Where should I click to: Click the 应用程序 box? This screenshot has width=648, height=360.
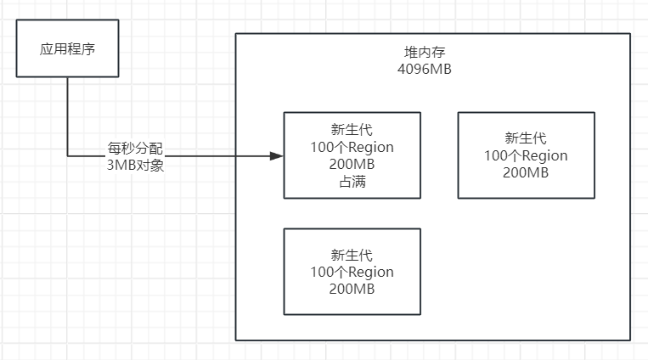click(x=68, y=49)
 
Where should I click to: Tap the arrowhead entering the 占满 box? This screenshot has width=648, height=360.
click(x=276, y=156)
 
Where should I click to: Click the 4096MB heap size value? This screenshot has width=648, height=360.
click(x=424, y=69)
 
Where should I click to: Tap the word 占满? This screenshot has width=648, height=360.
click(x=352, y=182)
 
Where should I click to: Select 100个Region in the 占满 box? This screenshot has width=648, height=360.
click(x=352, y=147)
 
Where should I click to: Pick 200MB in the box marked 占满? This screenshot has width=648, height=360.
click(x=352, y=165)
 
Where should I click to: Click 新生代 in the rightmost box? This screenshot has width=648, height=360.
click(x=526, y=138)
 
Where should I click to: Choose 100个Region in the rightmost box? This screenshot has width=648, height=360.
click(x=526, y=155)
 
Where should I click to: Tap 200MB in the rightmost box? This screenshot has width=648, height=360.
click(x=526, y=173)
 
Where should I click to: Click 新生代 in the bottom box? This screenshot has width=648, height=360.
click(x=352, y=255)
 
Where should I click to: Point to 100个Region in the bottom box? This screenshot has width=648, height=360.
click(x=352, y=273)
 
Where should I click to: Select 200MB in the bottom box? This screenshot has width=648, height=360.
click(x=352, y=290)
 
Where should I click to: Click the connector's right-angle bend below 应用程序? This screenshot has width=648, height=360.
click(x=68, y=156)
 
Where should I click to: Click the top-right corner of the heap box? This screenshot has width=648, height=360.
click(x=630, y=34)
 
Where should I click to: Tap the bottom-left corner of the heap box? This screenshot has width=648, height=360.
click(x=235, y=340)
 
